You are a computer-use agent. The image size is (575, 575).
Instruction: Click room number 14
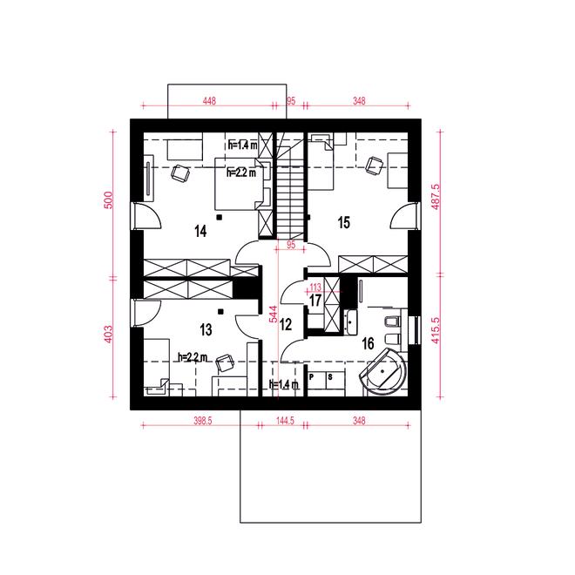click(x=200, y=232)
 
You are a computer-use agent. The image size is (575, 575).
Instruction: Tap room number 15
click(x=343, y=222)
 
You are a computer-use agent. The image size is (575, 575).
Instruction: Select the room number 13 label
click(x=206, y=329)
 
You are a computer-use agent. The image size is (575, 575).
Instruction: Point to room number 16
click(x=368, y=343)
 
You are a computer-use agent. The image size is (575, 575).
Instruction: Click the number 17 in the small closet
click(x=315, y=301)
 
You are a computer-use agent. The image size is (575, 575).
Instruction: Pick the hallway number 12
click(x=286, y=324)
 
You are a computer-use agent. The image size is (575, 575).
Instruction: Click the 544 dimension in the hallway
click(x=274, y=315)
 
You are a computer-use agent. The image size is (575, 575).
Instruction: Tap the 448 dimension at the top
click(x=209, y=100)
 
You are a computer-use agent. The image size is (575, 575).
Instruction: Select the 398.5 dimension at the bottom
click(x=203, y=421)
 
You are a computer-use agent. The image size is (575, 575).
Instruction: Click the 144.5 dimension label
click(x=285, y=421)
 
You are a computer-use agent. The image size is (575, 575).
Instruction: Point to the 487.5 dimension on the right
click(x=436, y=197)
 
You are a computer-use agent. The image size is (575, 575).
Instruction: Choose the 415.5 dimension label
click(x=436, y=330)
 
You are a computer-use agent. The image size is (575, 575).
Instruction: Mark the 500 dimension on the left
click(x=109, y=200)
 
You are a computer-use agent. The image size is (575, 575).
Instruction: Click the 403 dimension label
click(x=109, y=335)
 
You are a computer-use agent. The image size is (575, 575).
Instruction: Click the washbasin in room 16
click(x=351, y=322)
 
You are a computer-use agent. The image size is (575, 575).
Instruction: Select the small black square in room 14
click(x=220, y=218)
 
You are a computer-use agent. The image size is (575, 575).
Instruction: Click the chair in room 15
click(x=375, y=166)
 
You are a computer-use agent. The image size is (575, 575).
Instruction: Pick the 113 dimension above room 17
click(x=315, y=287)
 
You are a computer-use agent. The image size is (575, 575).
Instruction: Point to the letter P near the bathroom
click(x=312, y=376)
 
